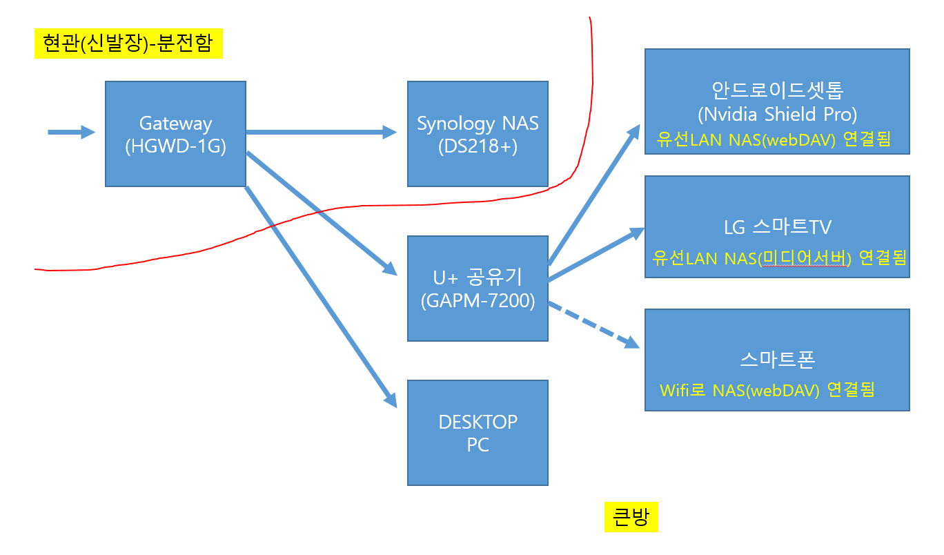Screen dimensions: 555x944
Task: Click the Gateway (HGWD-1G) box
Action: point(175,134)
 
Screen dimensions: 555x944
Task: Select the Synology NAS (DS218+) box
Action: point(478,134)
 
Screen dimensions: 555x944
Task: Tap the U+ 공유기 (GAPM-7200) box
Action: point(478,289)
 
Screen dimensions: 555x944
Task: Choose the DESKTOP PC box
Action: point(478,433)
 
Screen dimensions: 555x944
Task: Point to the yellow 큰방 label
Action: point(631,517)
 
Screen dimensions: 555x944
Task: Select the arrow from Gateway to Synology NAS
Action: point(321,132)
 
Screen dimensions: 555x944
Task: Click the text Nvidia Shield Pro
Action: point(776,114)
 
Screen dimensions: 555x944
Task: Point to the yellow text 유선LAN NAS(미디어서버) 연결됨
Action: point(778,258)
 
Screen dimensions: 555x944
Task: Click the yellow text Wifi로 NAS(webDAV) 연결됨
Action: point(767,389)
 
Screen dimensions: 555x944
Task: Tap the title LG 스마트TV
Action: point(776,228)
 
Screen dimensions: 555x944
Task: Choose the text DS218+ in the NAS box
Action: point(478,146)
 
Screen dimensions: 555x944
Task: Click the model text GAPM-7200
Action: point(478,301)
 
